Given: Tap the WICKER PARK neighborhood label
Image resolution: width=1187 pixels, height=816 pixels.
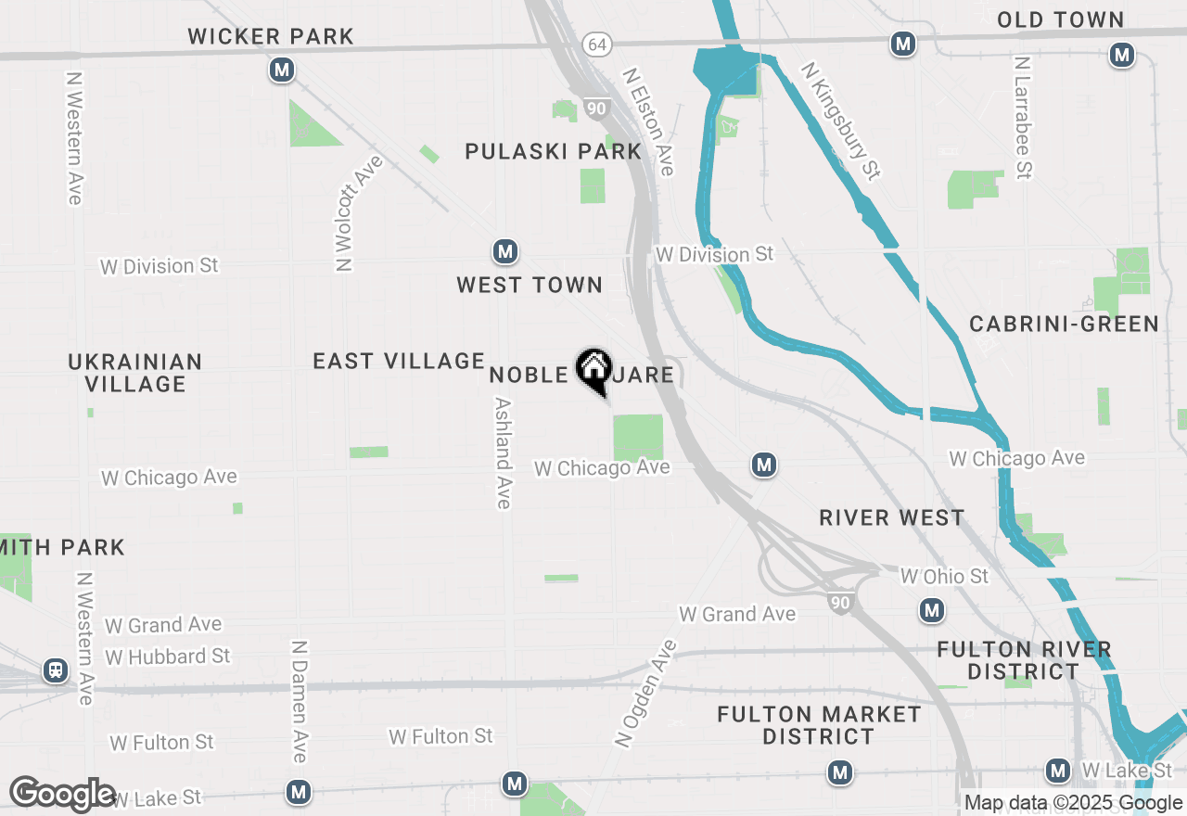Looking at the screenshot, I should point(271,37).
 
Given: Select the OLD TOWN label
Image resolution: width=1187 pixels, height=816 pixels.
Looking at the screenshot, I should point(1060,19).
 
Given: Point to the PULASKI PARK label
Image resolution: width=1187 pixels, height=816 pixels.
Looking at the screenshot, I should point(553,151).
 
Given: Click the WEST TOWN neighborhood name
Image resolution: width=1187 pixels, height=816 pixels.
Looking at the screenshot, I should point(530,285).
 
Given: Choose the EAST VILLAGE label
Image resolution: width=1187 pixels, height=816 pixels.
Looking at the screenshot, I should point(399,361).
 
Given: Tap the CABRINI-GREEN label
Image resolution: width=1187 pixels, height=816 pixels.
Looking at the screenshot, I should point(1064,324).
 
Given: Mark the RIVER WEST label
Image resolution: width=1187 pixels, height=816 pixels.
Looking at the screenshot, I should point(892,517).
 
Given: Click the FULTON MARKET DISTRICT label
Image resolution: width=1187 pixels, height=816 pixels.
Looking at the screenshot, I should point(819,725).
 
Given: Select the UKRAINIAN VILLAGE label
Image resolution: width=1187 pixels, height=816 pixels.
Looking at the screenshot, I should point(135,373).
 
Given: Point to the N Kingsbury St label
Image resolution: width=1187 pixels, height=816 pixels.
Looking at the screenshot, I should point(841,121).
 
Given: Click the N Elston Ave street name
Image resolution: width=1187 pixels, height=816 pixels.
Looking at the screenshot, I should point(648,121).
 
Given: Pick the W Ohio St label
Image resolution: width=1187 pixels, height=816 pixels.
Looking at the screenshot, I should point(944,577).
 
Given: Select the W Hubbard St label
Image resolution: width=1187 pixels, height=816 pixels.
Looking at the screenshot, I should point(167,657).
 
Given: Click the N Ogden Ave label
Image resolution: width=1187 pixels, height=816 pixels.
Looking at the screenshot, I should point(646,693).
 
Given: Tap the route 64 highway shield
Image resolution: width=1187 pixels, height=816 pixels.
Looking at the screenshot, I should point(595,45).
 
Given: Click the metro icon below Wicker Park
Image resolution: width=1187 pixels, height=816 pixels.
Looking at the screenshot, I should point(282,70).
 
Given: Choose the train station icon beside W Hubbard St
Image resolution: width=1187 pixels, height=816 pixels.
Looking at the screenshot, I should point(56,670).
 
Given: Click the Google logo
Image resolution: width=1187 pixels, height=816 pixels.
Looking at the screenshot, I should point(63,795).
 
